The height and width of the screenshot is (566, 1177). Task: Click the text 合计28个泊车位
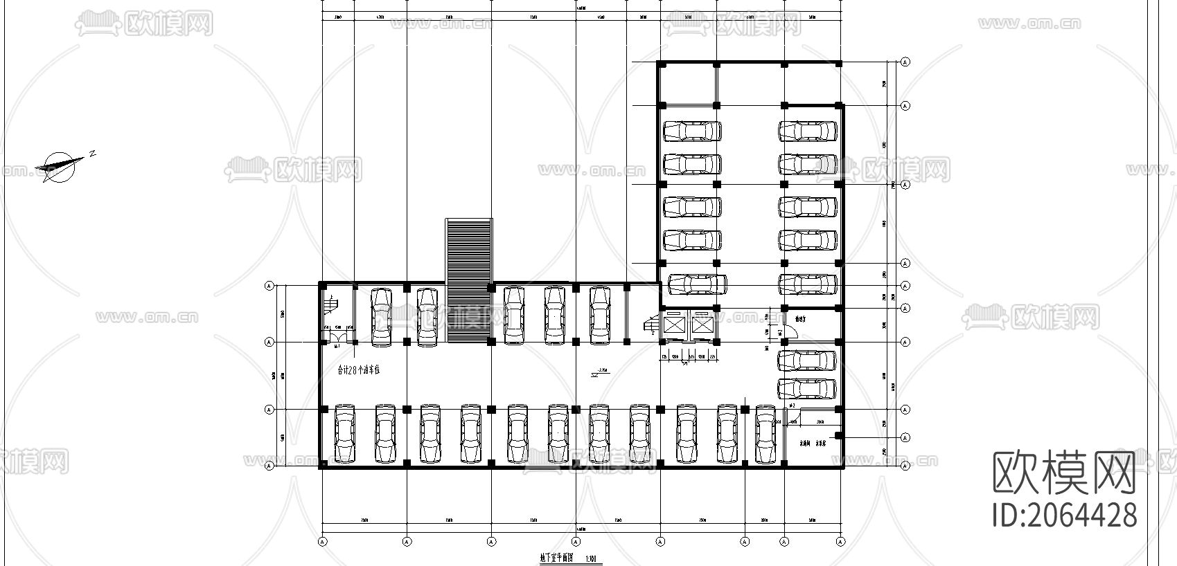click(x=358, y=370)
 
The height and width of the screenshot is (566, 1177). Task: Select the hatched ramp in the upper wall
click(x=468, y=280)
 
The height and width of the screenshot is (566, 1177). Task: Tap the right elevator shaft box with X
click(x=702, y=325)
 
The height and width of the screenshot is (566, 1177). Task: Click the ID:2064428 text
click(x=1064, y=515)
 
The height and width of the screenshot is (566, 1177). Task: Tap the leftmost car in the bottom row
click(x=344, y=434)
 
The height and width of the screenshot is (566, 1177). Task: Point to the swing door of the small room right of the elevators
click(x=790, y=331)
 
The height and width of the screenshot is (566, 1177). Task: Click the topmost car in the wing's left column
click(x=692, y=131)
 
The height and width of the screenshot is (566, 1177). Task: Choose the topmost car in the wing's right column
click(x=807, y=131)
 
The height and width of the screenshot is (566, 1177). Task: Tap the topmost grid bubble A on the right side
click(x=905, y=62)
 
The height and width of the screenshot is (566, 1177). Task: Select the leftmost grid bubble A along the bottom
click(x=322, y=541)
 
